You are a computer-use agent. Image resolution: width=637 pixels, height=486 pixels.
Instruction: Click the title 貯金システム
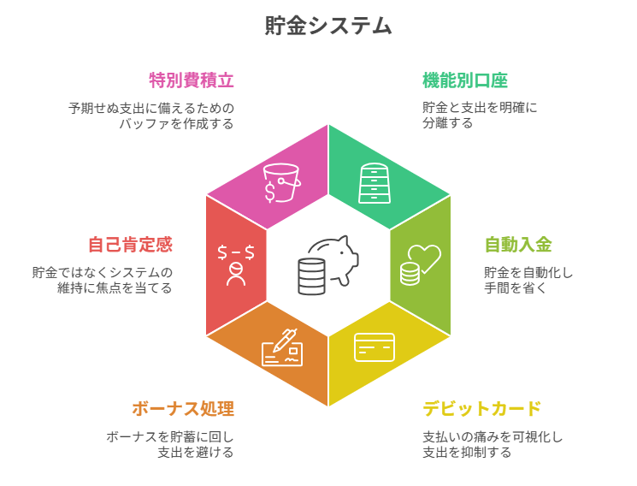(x=328, y=26)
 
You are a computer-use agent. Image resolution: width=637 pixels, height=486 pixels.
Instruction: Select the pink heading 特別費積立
(x=192, y=80)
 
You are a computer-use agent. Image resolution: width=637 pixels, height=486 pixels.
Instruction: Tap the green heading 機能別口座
(x=465, y=80)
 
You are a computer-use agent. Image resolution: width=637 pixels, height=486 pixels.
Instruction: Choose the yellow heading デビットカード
(x=482, y=409)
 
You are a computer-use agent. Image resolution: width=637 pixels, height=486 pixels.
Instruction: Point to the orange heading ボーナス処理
(x=183, y=409)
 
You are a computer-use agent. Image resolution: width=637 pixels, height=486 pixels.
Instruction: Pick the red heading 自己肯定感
(x=130, y=245)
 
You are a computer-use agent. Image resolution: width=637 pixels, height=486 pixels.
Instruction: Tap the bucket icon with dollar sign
(x=281, y=182)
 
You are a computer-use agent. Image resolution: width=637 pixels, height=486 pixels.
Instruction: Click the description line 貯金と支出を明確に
(x=480, y=108)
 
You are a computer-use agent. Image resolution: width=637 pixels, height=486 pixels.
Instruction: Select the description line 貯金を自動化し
(x=528, y=272)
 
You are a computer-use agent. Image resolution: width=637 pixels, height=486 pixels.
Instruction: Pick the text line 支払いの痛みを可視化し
(x=492, y=436)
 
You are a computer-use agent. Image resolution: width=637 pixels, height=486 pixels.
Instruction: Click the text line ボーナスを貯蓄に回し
(x=170, y=436)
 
